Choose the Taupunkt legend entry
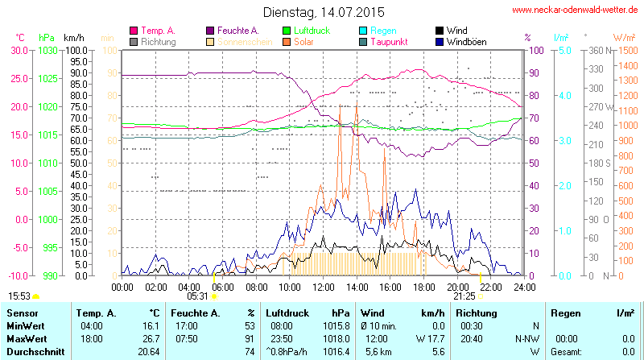tap(389, 41)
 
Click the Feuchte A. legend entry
tap(237, 31)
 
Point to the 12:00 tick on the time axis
tap(324, 286)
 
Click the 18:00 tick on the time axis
tap(424, 286)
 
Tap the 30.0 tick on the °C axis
tap(19, 50)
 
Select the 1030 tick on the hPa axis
tap(47, 50)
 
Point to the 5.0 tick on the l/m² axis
tap(564, 50)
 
